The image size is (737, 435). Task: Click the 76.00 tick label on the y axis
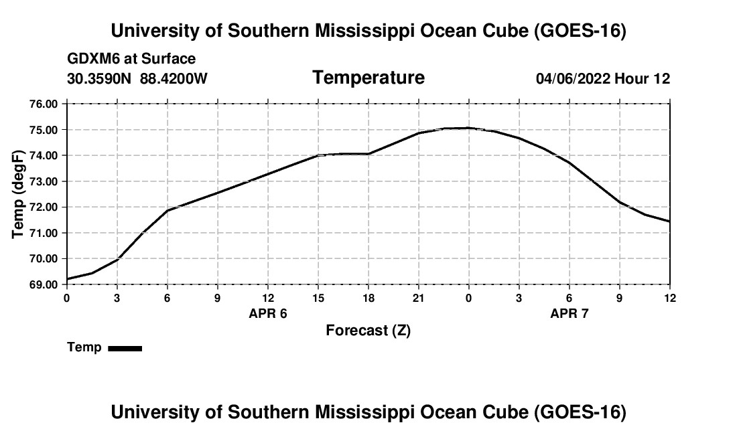(x=44, y=104)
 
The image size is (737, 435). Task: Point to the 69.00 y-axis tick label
(x=44, y=285)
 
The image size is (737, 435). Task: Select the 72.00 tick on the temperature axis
(x=44, y=207)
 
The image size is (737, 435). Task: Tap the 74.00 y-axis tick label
(x=44, y=156)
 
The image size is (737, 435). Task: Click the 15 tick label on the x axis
(x=318, y=298)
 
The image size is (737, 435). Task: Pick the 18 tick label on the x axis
(x=368, y=298)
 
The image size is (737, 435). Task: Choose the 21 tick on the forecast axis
(x=419, y=298)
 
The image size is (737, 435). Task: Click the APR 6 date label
(x=268, y=313)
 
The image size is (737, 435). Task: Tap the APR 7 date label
(x=569, y=313)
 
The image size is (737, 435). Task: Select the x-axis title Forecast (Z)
(x=368, y=331)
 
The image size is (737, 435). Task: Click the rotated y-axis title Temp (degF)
(x=18, y=194)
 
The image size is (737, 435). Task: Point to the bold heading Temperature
(x=368, y=78)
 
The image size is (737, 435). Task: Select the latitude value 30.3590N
(x=99, y=78)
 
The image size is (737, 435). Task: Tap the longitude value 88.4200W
(x=174, y=78)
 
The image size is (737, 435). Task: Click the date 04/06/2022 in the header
(x=573, y=79)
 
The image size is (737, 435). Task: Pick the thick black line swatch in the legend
(x=125, y=349)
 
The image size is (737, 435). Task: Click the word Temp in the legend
(x=84, y=348)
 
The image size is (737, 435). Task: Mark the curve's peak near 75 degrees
(x=468, y=128)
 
